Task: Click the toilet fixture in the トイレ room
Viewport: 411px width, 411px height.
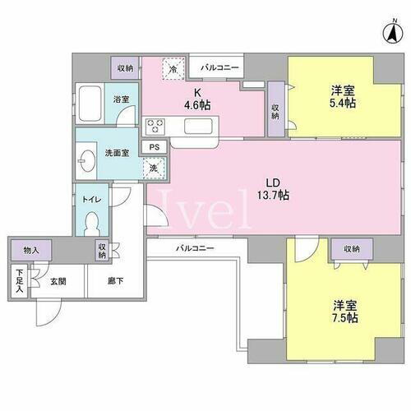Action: (93, 221)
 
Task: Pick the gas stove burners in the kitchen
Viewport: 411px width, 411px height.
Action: (156, 126)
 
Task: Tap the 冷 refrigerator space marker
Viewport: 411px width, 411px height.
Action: (173, 68)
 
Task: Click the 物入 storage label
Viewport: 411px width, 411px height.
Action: (30, 250)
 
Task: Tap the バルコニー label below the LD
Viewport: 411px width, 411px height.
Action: (194, 247)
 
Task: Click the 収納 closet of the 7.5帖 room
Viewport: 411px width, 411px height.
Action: (351, 249)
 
